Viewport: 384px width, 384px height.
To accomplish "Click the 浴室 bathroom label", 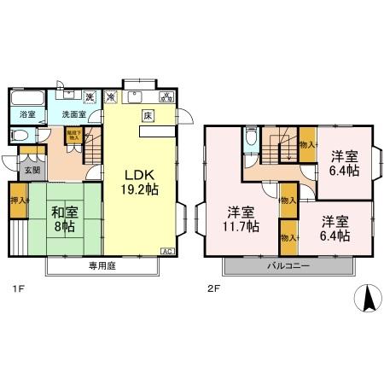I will (27, 114).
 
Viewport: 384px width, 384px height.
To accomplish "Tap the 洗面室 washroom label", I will (74, 114).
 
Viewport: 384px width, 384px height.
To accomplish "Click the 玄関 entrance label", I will (32, 169).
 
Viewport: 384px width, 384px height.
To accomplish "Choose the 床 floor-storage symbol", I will (147, 114).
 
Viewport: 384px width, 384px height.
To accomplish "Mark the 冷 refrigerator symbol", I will (110, 97).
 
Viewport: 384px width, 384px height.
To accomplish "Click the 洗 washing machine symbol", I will (89, 96).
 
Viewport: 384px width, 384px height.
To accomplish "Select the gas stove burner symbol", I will (166, 96).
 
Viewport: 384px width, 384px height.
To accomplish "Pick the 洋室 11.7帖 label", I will (241, 218).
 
